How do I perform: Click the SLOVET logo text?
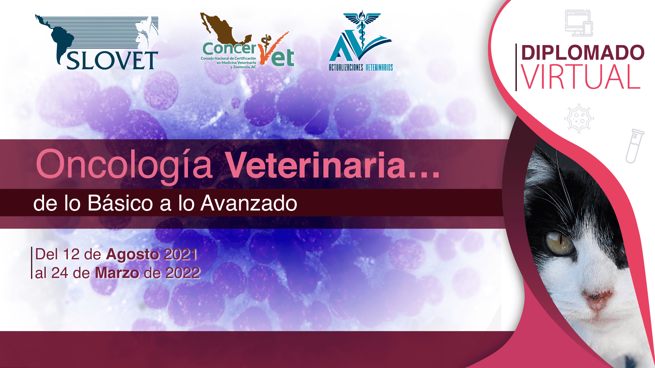point(112,60)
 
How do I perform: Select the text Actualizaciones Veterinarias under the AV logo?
point(361,67)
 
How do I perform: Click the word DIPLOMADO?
point(583,52)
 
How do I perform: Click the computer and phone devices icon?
point(579,23)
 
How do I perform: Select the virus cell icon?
point(579,118)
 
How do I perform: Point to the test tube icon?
point(635,146)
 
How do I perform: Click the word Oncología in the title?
point(124,165)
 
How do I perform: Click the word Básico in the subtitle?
point(120,203)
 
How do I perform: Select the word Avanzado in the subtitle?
point(249,203)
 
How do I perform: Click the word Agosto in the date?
point(132,255)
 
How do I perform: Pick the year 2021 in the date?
point(181,255)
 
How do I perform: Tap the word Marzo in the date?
point(117,273)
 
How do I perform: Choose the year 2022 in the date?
point(183,273)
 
